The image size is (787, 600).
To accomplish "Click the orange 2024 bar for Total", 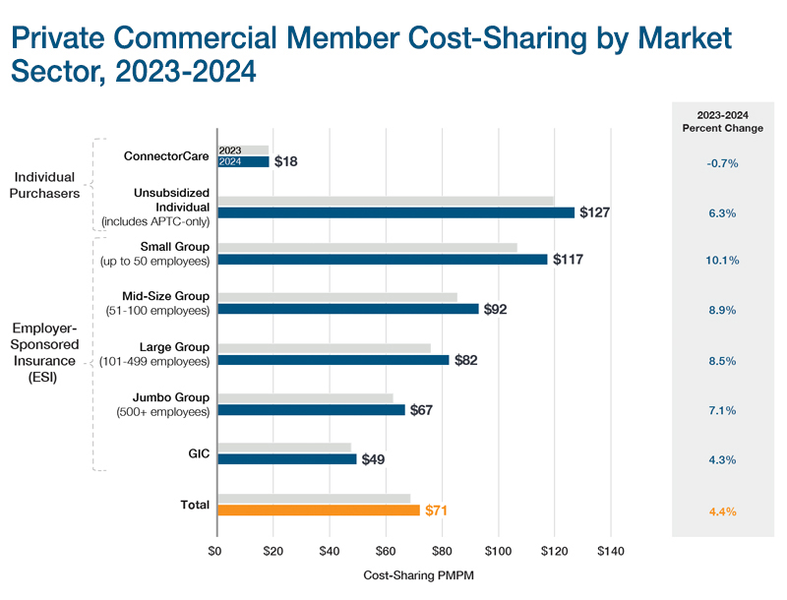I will [x=318, y=510].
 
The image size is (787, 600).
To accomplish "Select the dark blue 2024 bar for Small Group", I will [x=382, y=260].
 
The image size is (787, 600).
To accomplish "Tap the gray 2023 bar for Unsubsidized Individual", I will [x=385, y=200].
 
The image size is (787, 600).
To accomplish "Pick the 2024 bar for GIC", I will [x=286, y=458].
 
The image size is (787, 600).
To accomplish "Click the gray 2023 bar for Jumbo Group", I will [x=305, y=398].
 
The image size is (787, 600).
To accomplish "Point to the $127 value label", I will [x=595, y=212].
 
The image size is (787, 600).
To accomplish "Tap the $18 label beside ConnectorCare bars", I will [x=286, y=161].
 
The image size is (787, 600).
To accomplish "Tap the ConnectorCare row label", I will [x=166, y=155].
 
